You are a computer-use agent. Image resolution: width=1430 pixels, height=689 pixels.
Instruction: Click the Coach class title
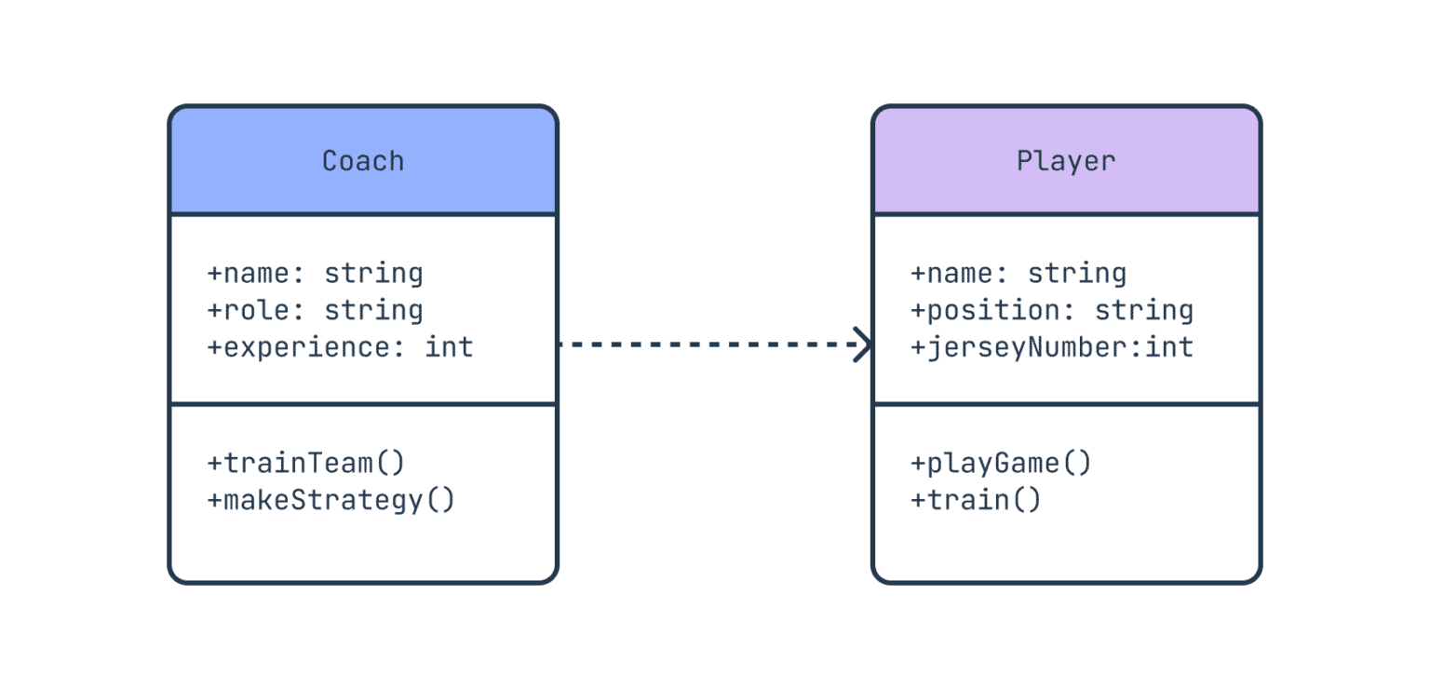(363, 161)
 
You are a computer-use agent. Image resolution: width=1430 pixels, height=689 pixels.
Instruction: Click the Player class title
(1066, 161)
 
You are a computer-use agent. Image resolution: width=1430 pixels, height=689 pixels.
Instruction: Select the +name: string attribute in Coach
(315, 274)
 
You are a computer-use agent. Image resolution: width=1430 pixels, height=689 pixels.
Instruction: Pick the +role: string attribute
(315, 310)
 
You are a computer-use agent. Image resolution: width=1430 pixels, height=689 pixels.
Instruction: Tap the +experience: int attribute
(340, 347)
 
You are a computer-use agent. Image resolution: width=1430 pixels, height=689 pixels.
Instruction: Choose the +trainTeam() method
(306, 463)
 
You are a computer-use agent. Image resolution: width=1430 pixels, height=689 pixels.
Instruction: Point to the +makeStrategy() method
(331, 500)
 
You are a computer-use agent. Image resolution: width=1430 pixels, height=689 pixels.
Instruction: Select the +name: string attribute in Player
(1019, 274)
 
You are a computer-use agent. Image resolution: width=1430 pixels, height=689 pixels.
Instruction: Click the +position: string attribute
(1052, 310)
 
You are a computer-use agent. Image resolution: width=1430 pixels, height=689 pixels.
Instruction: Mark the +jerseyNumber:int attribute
(1052, 347)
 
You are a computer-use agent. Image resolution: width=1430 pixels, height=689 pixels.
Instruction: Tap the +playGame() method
(1001, 463)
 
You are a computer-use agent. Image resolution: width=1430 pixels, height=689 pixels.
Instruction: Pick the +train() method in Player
(976, 500)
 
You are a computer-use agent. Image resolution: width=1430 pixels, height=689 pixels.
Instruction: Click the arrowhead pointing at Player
(864, 344)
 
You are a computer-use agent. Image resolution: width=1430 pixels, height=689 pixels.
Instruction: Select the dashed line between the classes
(708, 344)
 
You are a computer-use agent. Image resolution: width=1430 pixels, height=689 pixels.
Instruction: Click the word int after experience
(450, 347)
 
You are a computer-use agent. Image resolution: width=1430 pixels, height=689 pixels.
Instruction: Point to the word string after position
(1144, 310)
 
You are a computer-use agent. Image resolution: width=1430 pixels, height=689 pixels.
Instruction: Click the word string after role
(373, 310)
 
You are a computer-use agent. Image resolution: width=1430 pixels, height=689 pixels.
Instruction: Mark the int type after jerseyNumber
(1169, 347)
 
